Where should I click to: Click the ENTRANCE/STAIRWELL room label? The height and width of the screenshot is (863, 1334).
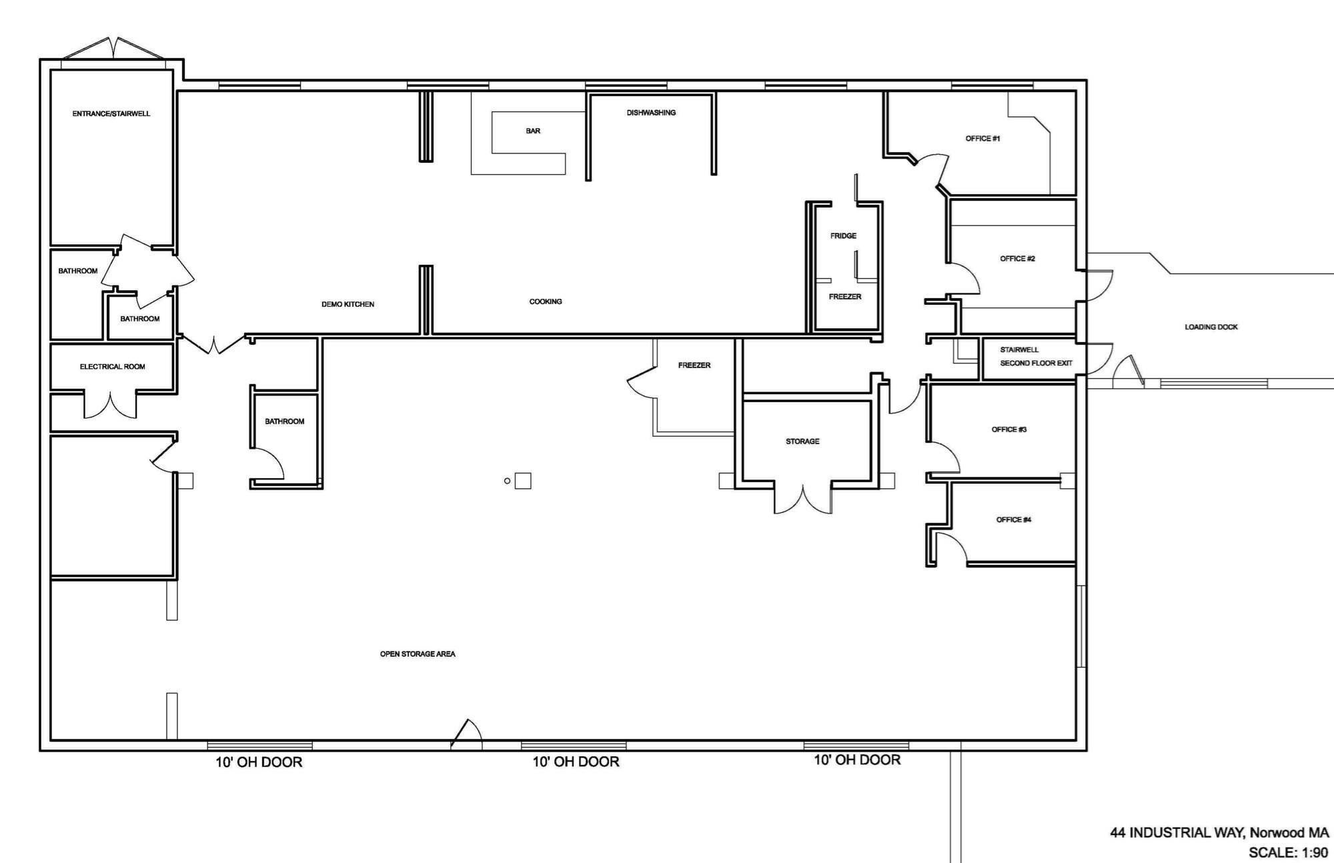pyautogui.click(x=111, y=114)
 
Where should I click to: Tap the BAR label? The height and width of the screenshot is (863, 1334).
pyautogui.click(x=533, y=131)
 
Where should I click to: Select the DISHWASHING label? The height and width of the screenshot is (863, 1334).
pyautogui.click(x=651, y=113)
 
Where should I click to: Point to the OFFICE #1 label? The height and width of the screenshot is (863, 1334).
pyautogui.click(x=982, y=139)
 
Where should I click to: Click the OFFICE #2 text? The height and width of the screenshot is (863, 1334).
pyautogui.click(x=1017, y=259)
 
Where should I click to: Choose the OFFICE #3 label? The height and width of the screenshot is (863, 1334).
pyautogui.click(x=1009, y=429)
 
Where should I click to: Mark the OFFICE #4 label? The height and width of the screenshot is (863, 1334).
pyautogui.click(x=1014, y=520)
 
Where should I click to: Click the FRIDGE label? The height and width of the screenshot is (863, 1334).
pyautogui.click(x=843, y=236)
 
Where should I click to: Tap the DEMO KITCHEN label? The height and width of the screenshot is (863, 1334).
pyautogui.click(x=348, y=305)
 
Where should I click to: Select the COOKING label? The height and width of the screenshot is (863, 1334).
pyautogui.click(x=546, y=302)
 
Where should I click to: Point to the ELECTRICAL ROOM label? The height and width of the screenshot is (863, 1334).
pyautogui.click(x=112, y=367)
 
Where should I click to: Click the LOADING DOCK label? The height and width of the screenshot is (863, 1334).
pyautogui.click(x=1211, y=327)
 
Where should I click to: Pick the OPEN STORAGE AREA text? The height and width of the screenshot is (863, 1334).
pyautogui.click(x=418, y=654)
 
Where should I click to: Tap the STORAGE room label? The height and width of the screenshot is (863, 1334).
pyautogui.click(x=802, y=442)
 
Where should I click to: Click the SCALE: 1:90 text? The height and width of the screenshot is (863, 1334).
pyautogui.click(x=1289, y=852)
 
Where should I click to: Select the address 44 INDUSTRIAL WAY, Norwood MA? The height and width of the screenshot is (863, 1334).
pyautogui.click(x=1219, y=833)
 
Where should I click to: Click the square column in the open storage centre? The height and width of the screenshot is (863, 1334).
pyautogui.click(x=523, y=481)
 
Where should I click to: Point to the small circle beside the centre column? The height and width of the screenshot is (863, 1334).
pyautogui.click(x=507, y=481)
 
